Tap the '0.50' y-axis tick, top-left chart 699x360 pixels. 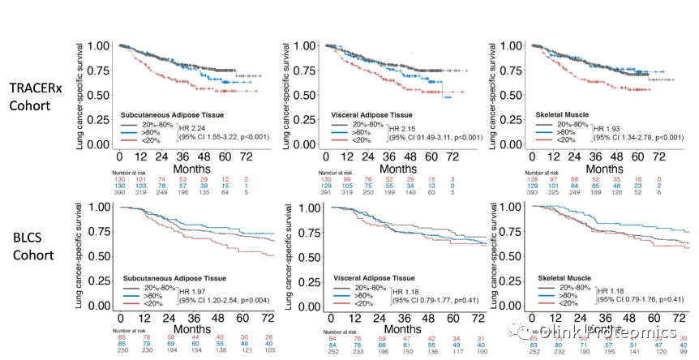click(x=99, y=94)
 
